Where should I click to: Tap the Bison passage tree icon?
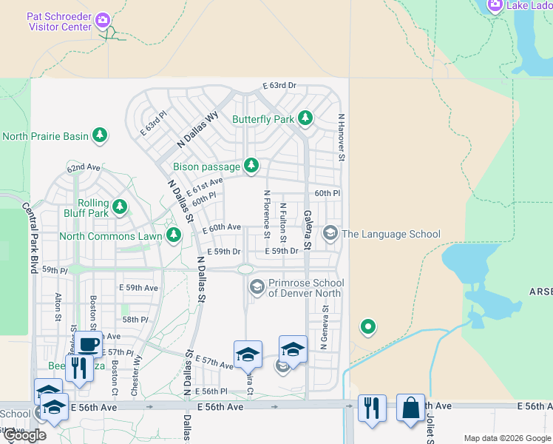coord(251,166)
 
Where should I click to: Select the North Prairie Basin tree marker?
coord(100,135)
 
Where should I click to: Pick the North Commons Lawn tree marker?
coord(173,236)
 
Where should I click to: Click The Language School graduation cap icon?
coord(330,234)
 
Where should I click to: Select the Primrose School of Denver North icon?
coord(257,287)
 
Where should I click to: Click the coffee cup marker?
coord(89,344)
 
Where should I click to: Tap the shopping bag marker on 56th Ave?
coord(410,408)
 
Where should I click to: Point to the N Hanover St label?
coord(342,138)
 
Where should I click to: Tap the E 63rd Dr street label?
coord(279,86)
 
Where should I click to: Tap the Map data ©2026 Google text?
coord(507,439)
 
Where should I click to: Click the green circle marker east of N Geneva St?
coord(367,326)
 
